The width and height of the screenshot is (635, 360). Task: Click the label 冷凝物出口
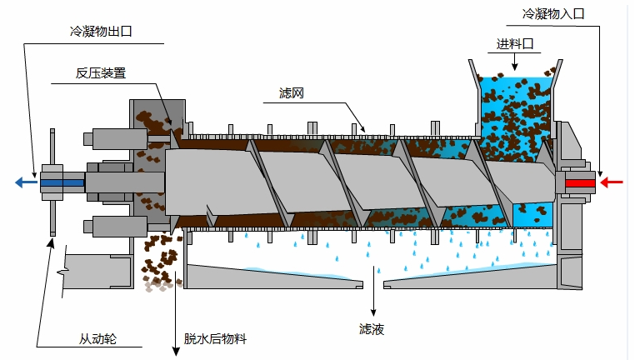click(x=101, y=32)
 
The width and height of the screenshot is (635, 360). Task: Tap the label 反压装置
click(x=100, y=72)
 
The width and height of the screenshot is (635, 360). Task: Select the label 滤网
click(x=291, y=93)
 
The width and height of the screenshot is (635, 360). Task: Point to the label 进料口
click(x=513, y=44)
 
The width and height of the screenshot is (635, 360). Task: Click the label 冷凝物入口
click(x=554, y=14)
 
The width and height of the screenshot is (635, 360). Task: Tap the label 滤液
click(x=372, y=329)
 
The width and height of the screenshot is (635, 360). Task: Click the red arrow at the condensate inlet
click(x=612, y=182)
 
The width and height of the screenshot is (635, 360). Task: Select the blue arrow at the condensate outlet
click(x=24, y=182)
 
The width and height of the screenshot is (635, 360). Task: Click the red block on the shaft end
click(x=579, y=182)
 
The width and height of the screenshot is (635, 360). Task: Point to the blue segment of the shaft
click(x=62, y=182)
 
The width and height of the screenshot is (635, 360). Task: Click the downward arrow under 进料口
click(x=514, y=62)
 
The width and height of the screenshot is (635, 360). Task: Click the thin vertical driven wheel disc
click(x=52, y=182)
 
